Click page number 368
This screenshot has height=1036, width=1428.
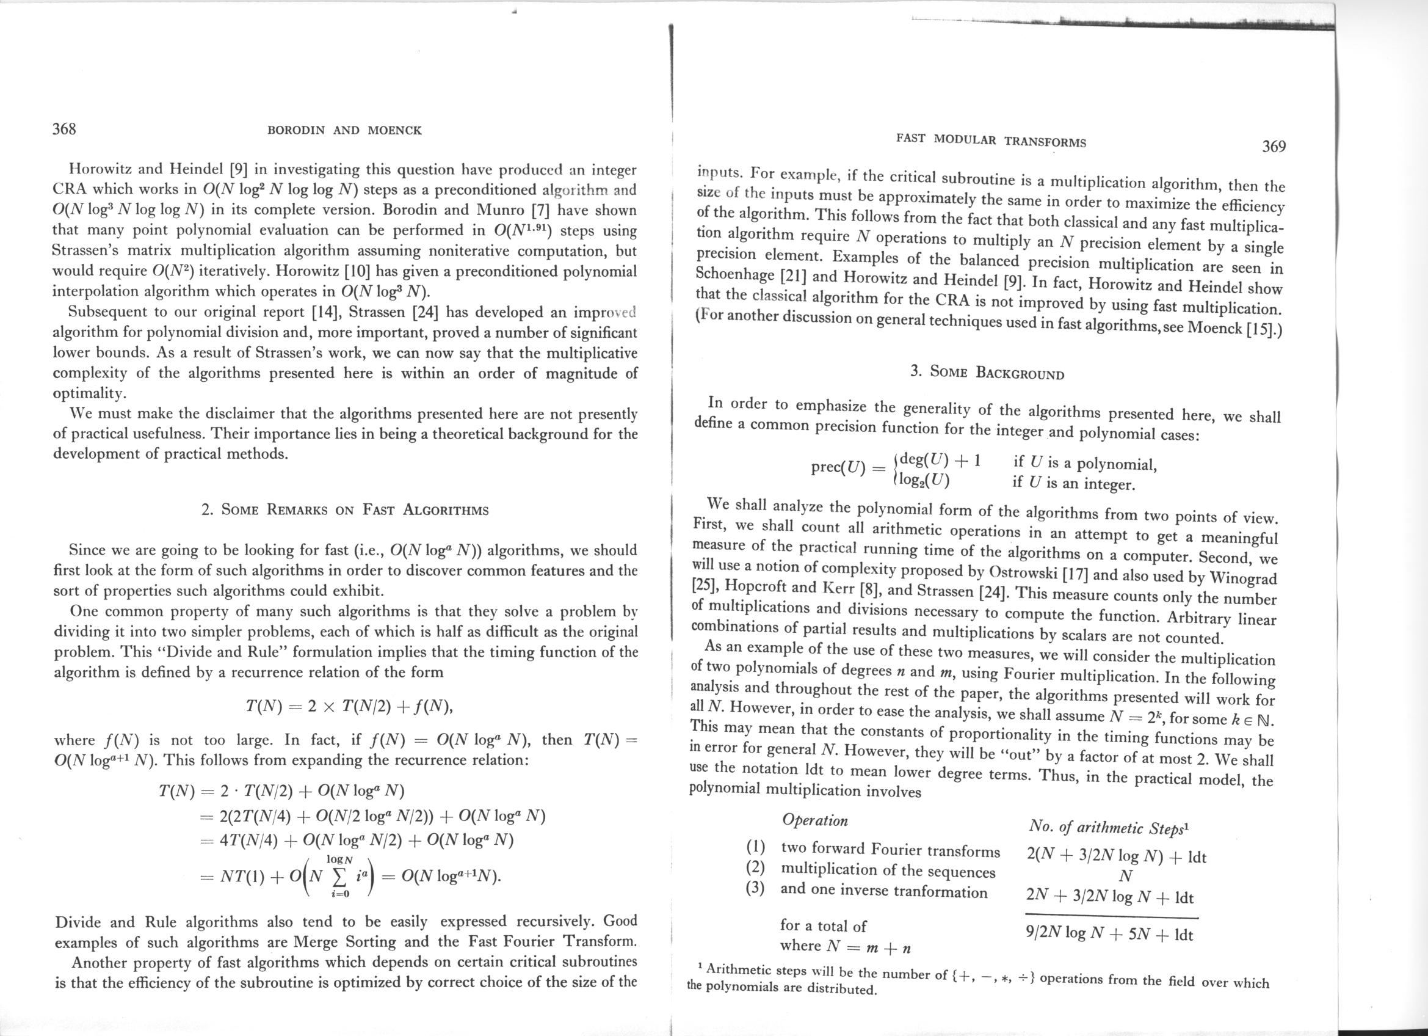point(63,129)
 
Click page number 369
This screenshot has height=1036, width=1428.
point(1274,147)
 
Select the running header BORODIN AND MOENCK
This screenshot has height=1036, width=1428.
point(344,131)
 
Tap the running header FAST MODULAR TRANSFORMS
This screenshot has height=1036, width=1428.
point(991,140)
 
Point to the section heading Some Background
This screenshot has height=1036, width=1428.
point(987,372)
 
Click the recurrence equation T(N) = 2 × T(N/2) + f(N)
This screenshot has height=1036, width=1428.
point(349,706)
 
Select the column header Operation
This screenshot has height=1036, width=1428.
point(815,820)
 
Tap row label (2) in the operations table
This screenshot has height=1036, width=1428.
point(755,869)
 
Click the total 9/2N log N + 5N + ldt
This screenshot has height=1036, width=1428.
point(1109,934)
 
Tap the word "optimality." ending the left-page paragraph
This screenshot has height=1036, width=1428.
point(89,393)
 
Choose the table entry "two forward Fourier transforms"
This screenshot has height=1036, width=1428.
point(890,850)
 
